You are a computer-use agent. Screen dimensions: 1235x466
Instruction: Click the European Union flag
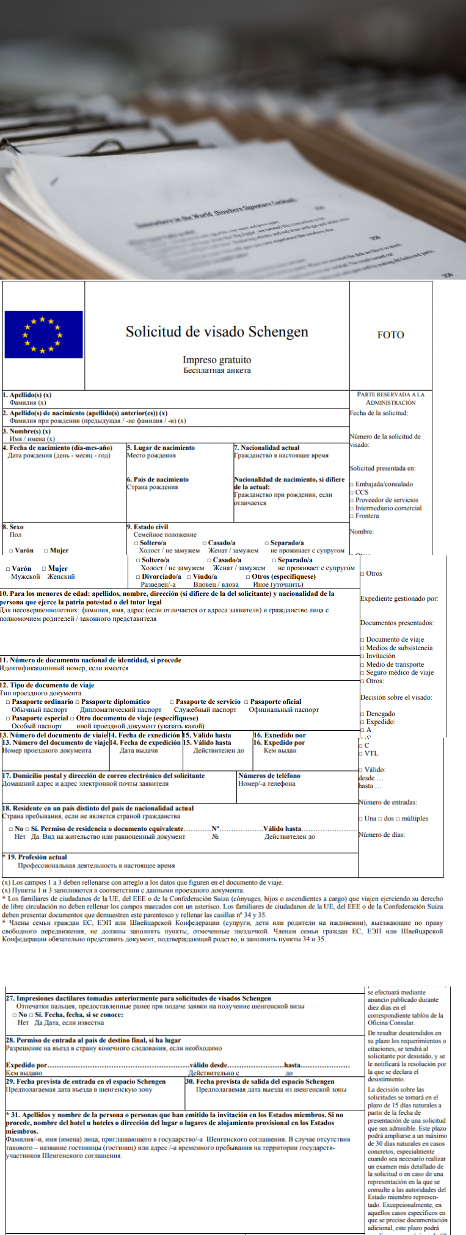[x=43, y=334]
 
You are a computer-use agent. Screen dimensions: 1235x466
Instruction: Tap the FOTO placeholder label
[x=390, y=335]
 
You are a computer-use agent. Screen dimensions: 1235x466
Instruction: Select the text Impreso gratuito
[x=217, y=360]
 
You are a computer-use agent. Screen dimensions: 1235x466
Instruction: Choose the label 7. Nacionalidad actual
[x=267, y=447]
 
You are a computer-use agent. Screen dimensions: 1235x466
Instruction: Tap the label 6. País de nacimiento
[x=158, y=479]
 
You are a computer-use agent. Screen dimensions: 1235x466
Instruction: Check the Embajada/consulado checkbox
[x=352, y=484]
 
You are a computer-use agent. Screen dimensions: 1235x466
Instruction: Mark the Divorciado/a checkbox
[x=139, y=576]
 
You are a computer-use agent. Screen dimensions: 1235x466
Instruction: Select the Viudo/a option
[x=189, y=576]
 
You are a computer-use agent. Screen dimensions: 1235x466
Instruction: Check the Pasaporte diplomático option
[x=78, y=701]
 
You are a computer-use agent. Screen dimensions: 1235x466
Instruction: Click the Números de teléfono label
[x=269, y=775]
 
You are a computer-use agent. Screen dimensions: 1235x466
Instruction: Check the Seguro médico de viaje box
[x=362, y=672]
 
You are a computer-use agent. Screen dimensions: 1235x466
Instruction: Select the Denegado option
[x=362, y=714]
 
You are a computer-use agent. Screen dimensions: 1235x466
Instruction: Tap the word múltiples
[x=415, y=819]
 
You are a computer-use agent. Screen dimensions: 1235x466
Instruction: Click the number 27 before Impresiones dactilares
[x=10, y=998]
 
